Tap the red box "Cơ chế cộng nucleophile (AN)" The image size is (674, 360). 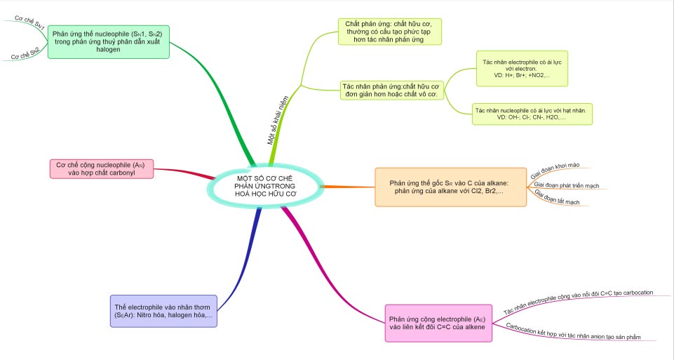click(x=102, y=168)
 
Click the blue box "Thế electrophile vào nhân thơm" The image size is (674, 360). click(x=164, y=311)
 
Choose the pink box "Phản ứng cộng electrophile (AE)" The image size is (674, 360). click(x=437, y=322)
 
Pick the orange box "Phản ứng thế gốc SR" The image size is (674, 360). click(x=450, y=187)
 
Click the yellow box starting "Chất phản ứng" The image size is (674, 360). click(x=389, y=32)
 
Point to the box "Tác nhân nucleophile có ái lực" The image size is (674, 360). click(x=532, y=114)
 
